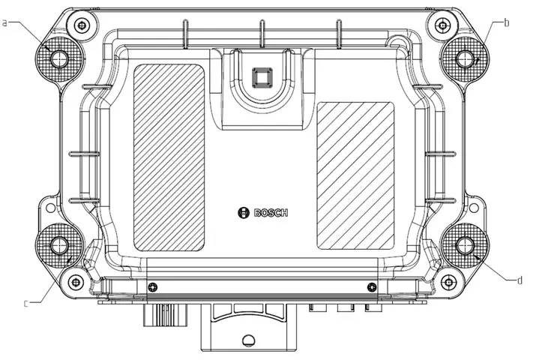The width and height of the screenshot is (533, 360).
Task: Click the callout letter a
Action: tap(4, 23)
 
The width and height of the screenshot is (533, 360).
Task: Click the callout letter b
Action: tap(507, 22)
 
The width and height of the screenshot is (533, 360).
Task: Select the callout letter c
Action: tap(25, 303)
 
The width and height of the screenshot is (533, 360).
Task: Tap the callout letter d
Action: tap(519, 280)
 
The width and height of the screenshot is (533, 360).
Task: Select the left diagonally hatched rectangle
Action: tap(169, 156)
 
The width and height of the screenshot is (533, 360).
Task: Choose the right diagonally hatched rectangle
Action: tap(355, 175)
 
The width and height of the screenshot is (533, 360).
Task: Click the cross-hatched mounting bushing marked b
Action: tap(466, 58)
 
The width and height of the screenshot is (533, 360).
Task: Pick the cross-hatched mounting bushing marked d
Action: tap(465, 244)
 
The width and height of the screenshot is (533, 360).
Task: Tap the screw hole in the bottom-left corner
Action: tap(76, 281)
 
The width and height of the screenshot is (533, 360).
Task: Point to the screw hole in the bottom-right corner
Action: tap(448, 281)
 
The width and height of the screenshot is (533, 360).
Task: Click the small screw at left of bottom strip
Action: tap(152, 287)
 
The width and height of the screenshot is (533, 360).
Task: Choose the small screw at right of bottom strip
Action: tap(370, 287)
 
